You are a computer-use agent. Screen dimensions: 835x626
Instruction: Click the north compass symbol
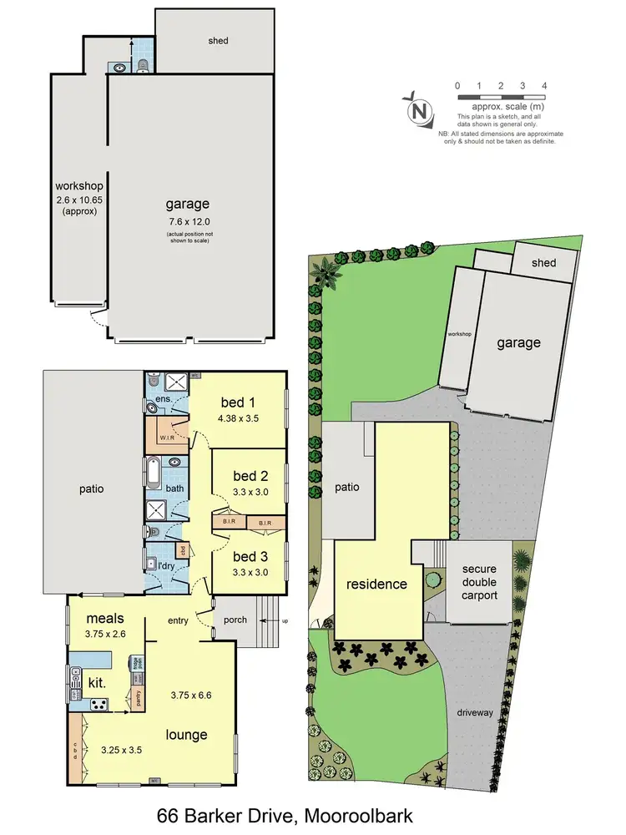pos(420,111)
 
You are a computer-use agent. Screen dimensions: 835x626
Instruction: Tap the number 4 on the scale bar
pos(544,86)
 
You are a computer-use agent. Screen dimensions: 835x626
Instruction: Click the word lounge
pos(186,734)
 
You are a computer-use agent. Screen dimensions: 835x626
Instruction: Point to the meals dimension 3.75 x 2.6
pos(104,635)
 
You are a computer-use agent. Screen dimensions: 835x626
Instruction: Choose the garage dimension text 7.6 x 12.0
pos(187,221)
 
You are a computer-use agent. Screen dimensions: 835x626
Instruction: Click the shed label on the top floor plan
pos(219,41)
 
